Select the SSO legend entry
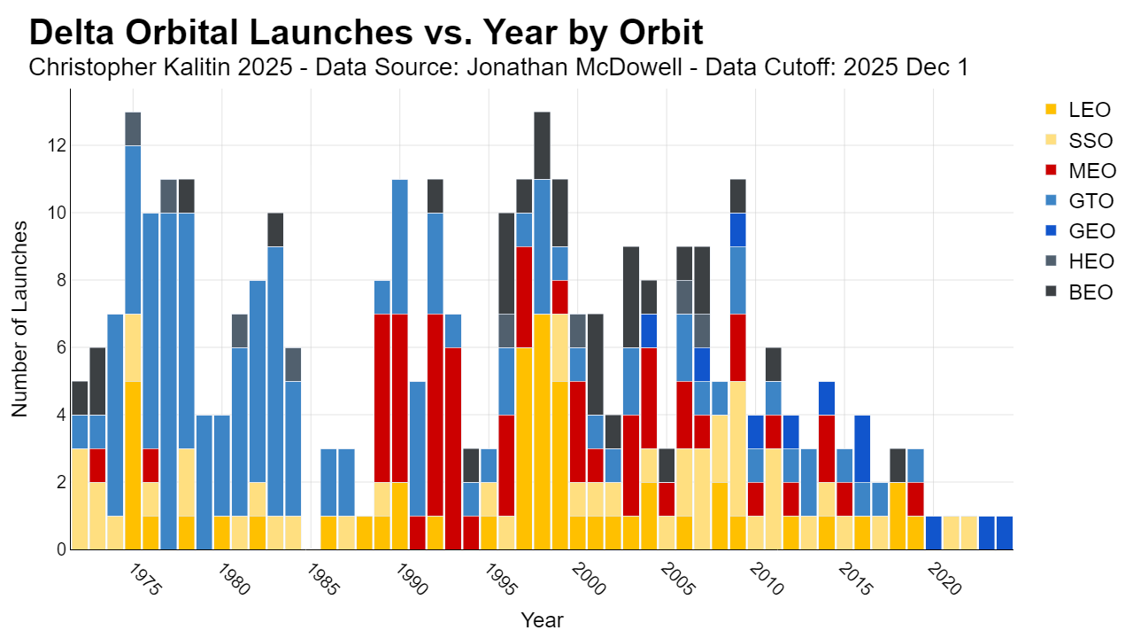[x=1079, y=140]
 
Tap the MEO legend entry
[x=1081, y=171]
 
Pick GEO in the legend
[x=1080, y=231]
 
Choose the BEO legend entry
[x=1079, y=292]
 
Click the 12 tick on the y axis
[x=57, y=146]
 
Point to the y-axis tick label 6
[x=61, y=347]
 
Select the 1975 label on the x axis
[x=145, y=580]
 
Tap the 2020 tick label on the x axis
[x=944, y=580]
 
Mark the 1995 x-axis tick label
[x=501, y=580]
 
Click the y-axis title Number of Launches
[x=19, y=320]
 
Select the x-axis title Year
[x=543, y=620]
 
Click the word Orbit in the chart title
[x=660, y=33]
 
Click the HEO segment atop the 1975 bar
[x=133, y=129]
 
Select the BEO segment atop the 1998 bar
[x=543, y=146]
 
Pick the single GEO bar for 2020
[x=934, y=533]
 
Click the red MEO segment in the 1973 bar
[x=97, y=465]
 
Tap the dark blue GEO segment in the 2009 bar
[x=738, y=230]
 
